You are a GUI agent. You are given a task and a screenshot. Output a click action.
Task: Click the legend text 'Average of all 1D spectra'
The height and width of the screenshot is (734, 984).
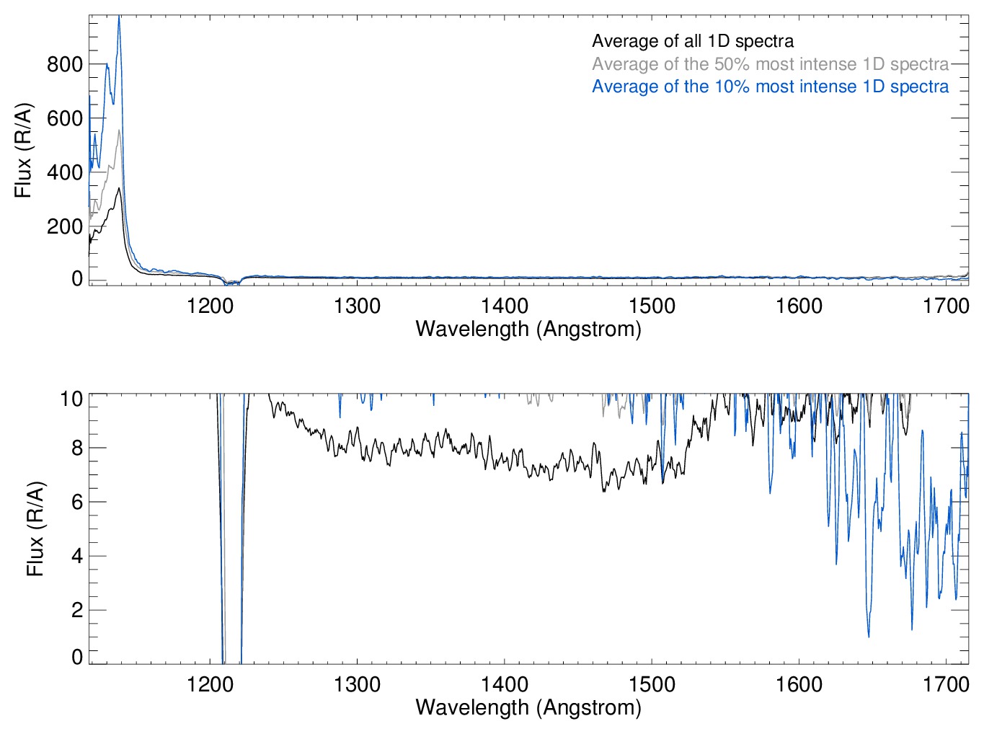(693, 42)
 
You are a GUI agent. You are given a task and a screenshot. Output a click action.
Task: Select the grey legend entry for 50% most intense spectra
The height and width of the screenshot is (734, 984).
(770, 64)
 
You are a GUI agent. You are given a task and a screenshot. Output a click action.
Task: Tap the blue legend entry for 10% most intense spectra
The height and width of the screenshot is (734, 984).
(770, 87)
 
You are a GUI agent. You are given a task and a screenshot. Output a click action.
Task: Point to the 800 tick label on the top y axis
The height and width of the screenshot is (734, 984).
(65, 64)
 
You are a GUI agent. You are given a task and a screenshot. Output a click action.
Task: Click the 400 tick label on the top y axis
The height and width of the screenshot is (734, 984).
(65, 172)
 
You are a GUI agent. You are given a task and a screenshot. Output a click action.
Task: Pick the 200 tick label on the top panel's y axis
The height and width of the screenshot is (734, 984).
(65, 226)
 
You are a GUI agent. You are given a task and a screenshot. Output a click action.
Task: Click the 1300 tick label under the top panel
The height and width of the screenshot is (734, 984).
(357, 306)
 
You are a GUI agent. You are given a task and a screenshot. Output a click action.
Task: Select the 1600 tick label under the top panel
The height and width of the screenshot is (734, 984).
(799, 306)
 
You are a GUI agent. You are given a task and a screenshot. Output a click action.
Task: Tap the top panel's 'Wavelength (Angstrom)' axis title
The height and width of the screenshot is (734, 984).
(528, 330)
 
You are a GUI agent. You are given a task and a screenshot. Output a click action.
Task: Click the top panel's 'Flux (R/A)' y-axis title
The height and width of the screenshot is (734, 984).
(24, 150)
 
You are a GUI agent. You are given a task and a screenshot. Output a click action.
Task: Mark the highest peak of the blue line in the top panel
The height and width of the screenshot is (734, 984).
(119, 17)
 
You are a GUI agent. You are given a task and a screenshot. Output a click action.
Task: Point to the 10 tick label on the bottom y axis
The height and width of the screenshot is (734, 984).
(71, 399)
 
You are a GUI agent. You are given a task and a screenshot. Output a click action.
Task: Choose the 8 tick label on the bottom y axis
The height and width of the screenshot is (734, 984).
(77, 448)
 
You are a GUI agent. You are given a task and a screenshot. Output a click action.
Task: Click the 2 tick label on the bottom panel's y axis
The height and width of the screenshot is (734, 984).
(77, 610)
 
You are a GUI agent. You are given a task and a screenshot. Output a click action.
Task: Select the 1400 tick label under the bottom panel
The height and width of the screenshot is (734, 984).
(505, 684)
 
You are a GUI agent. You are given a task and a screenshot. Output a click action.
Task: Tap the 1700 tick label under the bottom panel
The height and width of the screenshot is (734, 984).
(946, 684)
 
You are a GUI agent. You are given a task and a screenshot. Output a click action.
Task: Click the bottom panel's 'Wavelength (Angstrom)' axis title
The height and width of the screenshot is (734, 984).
(528, 707)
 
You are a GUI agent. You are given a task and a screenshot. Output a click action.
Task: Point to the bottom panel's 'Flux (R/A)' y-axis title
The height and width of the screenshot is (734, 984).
(35, 529)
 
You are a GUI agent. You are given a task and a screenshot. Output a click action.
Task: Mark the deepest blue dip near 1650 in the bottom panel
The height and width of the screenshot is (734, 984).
(869, 636)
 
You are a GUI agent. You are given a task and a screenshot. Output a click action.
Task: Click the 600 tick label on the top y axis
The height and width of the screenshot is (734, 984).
(65, 118)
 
